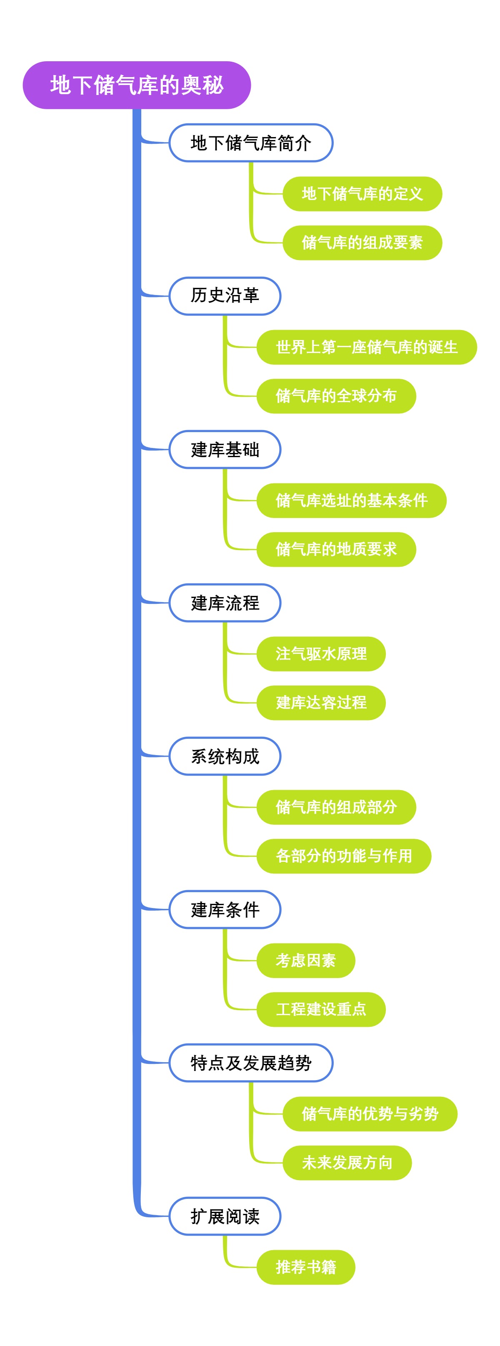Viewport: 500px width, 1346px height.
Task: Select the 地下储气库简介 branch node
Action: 251,143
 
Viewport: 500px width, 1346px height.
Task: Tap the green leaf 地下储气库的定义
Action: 362,194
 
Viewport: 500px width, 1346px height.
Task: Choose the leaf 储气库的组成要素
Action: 362,243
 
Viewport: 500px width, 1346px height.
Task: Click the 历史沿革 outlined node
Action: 225,296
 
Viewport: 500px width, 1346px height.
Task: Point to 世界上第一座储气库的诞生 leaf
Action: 366,347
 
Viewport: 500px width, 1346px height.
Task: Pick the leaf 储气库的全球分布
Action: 336,396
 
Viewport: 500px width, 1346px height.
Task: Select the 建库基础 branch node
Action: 225,449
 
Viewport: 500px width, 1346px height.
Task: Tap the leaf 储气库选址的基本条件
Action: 351,500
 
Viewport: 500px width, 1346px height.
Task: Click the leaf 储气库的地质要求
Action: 336,549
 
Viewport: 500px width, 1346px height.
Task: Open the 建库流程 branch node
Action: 225,603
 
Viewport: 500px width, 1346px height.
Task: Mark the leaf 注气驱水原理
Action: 321,654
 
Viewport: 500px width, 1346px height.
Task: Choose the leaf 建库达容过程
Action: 321,703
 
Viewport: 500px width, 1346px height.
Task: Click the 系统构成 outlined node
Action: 225,756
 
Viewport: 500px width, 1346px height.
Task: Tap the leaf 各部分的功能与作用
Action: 343,856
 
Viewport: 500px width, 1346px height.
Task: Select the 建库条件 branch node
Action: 225,909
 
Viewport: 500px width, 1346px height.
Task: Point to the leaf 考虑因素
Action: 306,961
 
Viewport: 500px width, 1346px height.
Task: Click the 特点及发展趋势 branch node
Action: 251,1063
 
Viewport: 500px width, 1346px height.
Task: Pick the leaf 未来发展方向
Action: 347,1163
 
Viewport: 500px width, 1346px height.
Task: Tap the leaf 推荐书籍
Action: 306,1267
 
